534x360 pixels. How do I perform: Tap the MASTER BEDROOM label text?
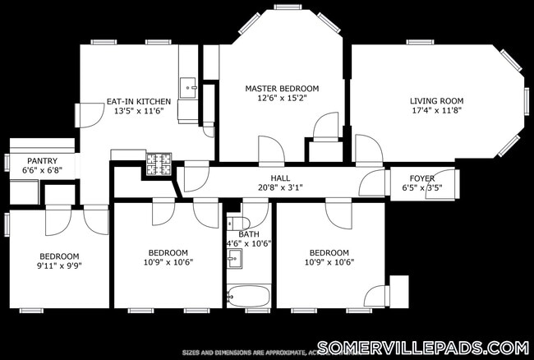click(x=282, y=88)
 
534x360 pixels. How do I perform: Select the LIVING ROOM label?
click(x=438, y=102)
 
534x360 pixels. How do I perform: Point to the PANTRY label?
click(x=42, y=161)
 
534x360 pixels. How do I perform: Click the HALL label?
click(x=281, y=178)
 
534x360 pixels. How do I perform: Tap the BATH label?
click(x=249, y=234)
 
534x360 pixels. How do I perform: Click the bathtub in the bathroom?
click(x=248, y=296)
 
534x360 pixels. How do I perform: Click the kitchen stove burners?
click(x=158, y=164)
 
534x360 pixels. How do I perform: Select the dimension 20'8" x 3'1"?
click(x=281, y=187)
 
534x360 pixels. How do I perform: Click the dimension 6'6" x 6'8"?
click(x=42, y=170)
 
